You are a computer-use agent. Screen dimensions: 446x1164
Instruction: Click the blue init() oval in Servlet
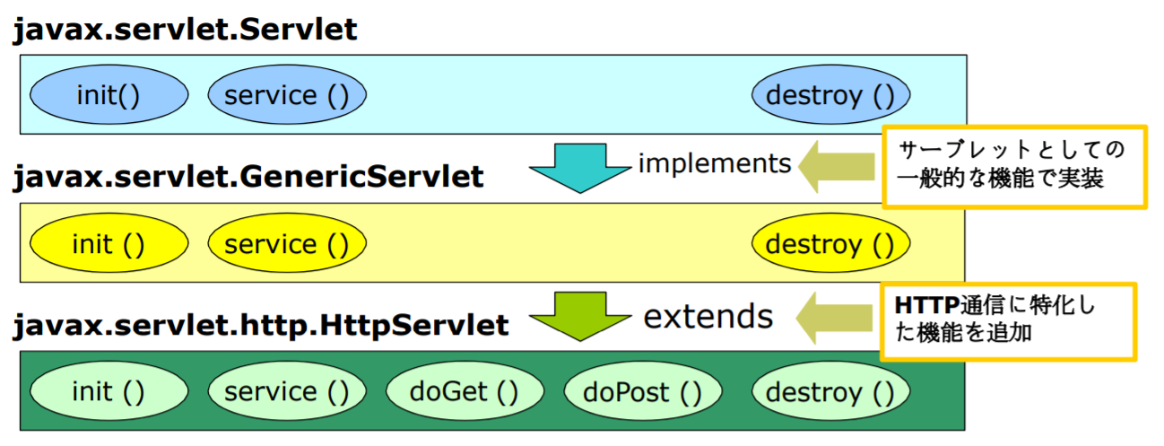[109, 95]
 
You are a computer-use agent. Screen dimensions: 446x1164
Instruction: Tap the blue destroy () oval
[830, 95]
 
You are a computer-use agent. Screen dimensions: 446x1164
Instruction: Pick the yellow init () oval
[109, 244]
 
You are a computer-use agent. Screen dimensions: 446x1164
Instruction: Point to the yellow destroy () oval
[830, 244]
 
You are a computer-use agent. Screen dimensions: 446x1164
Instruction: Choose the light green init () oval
[109, 392]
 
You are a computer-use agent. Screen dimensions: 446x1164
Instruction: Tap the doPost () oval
[642, 392]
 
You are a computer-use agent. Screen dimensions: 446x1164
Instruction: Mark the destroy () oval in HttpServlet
[830, 392]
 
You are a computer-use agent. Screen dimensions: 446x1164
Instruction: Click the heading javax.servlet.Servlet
[184, 30]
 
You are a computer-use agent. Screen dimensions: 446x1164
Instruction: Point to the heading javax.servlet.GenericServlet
[248, 177]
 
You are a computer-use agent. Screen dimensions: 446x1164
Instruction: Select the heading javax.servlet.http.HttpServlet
[260, 325]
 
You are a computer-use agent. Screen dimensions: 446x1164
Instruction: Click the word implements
[715, 163]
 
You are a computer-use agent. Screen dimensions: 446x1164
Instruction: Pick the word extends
[708, 316]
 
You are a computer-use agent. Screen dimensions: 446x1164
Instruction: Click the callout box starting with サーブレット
[1014, 166]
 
